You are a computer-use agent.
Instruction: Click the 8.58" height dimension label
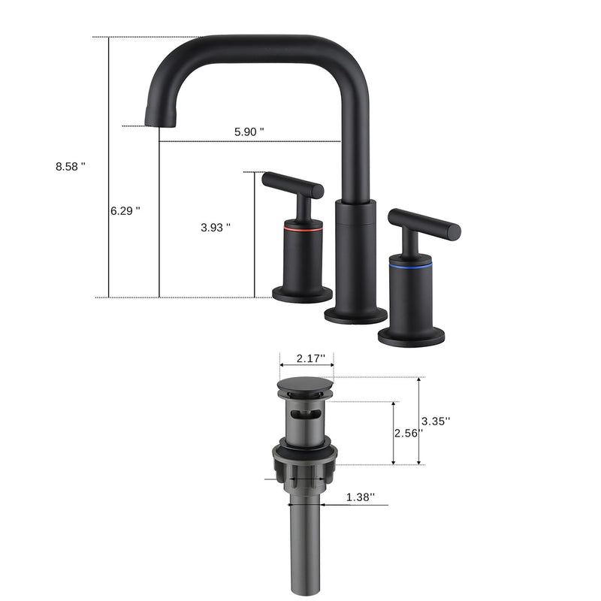tap(71, 167)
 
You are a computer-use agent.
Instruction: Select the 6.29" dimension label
tap(125, 211)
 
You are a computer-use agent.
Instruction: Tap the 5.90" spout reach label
tap(249, 131)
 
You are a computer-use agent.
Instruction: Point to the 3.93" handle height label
tap(216, 228)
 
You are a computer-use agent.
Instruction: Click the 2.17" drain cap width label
tap(306, 358)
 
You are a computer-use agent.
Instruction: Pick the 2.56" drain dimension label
tap(408, 433)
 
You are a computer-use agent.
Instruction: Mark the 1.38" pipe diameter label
tap(361, 497)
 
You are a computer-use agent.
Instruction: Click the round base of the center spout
tap(355, 315)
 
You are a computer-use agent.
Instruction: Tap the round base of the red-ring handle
tap(302, 294)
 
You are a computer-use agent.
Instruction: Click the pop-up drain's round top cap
tap(305, 386)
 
